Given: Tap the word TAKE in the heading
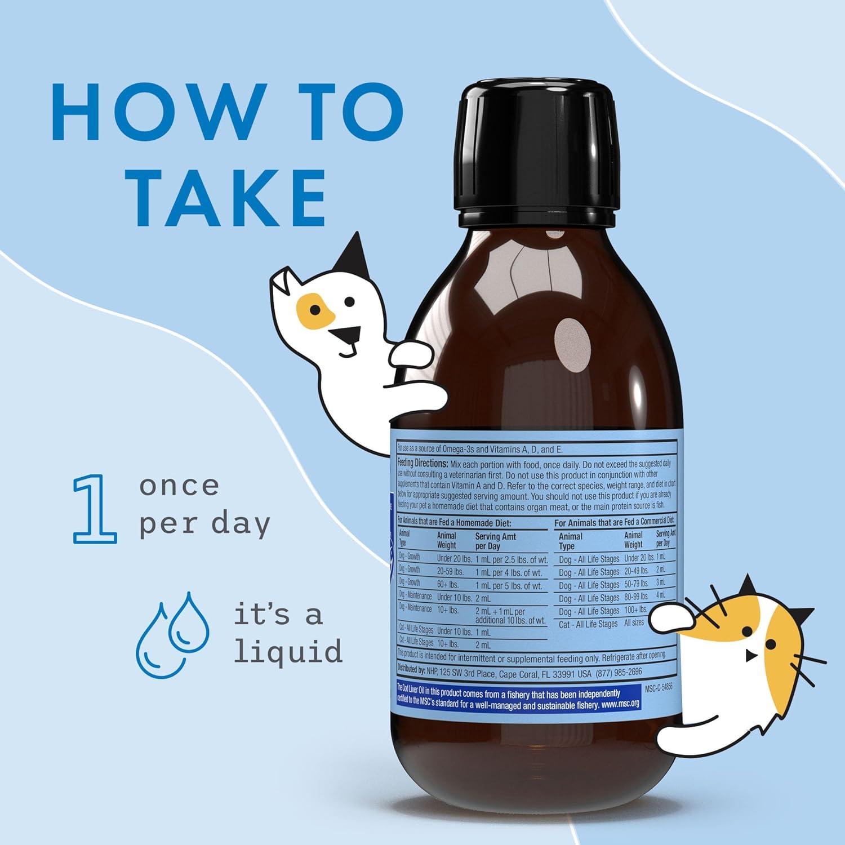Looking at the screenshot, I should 228,195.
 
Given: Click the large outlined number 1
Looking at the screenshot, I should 94,509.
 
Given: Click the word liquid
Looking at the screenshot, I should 288,651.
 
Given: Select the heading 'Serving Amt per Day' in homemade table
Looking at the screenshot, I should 496,541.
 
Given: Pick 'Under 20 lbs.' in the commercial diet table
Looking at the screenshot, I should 639,558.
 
